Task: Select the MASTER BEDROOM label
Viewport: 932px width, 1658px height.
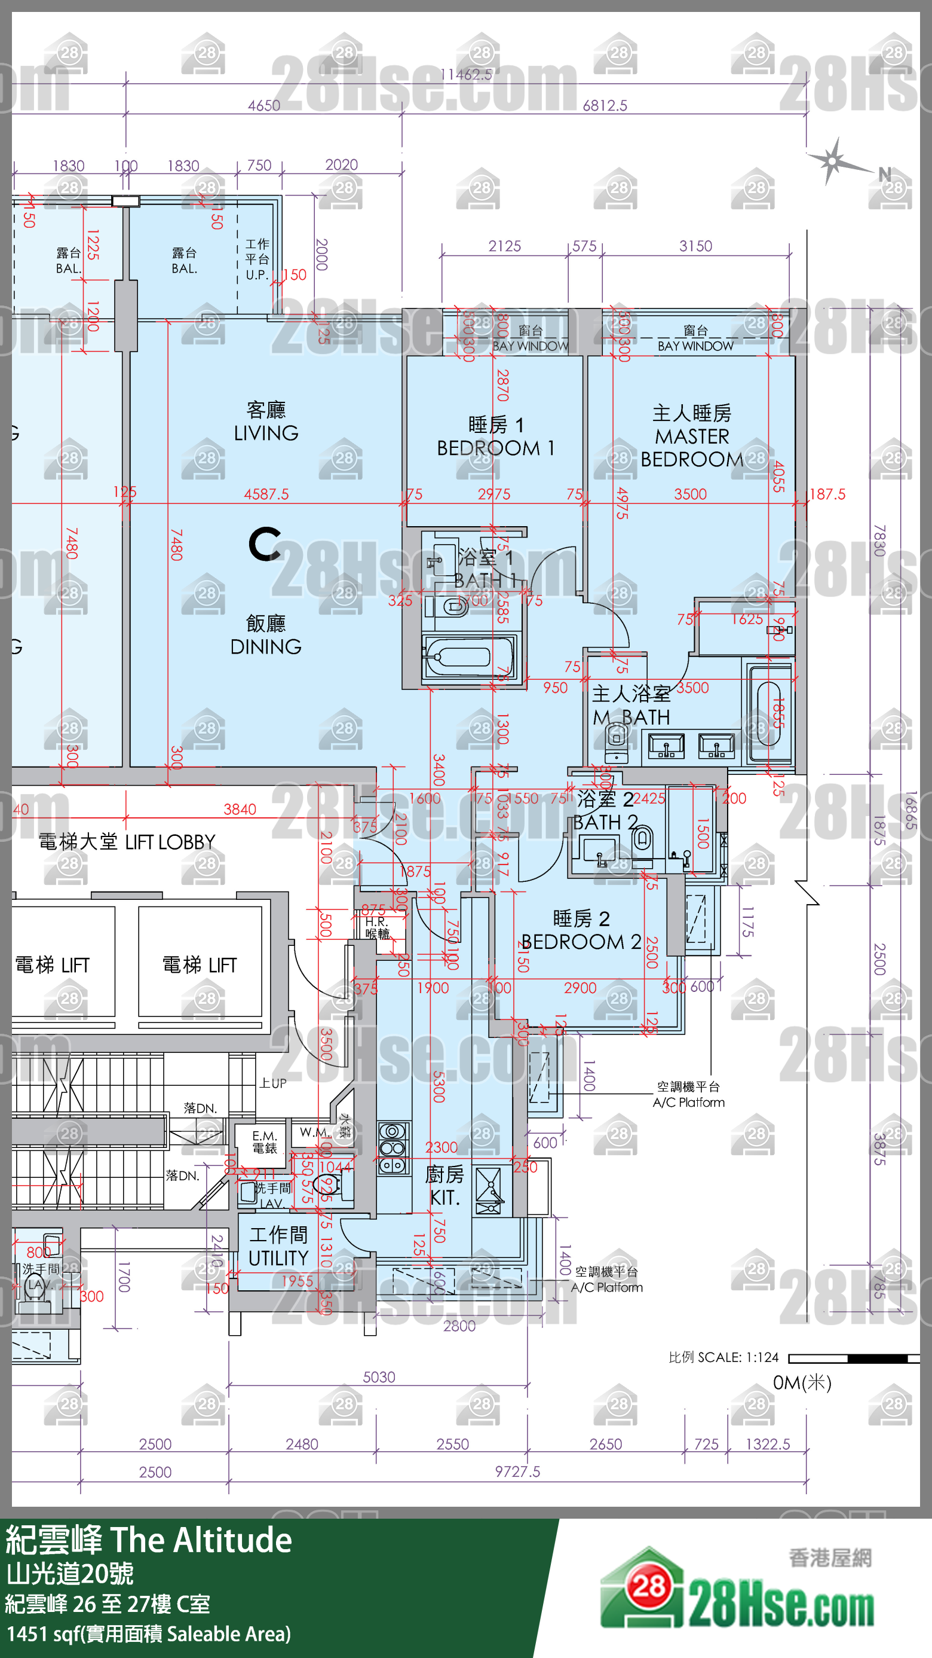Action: point(691,436)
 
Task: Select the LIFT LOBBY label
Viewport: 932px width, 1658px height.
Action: point(127,842)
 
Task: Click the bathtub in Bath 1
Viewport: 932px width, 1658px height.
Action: point(468,657)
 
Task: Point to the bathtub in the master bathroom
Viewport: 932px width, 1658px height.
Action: point(769,713)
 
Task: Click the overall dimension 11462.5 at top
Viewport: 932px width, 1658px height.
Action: point(465,75)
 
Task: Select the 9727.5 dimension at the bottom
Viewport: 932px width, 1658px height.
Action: point(517,1471)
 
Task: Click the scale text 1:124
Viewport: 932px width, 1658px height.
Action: point(762,1357)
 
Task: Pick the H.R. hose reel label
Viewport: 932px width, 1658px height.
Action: point(377,927)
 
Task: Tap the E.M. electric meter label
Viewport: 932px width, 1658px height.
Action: point(264,1142)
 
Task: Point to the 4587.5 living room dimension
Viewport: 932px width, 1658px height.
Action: point(266,494)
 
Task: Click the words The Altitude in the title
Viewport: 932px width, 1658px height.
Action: point(201,1540)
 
